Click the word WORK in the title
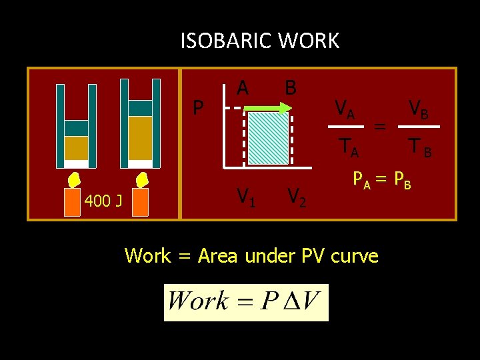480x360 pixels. click(309, 41)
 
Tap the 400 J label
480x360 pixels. click(103, 201)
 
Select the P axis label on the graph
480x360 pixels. click(198, 107)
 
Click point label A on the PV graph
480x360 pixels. click(243, 87)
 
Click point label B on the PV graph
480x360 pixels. click(290, 87)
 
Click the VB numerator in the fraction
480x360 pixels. click(419, 108)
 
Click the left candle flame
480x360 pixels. click(73, 180)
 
